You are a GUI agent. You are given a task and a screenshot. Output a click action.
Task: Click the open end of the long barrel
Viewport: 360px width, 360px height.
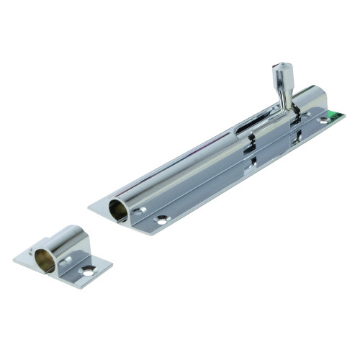(117, 210)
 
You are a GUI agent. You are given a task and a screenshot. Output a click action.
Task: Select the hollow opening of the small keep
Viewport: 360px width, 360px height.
(45, 258)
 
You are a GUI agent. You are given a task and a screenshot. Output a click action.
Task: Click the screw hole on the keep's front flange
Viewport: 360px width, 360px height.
(88, 271)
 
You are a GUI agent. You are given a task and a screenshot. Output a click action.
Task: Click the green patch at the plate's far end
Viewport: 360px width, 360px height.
(332, 114)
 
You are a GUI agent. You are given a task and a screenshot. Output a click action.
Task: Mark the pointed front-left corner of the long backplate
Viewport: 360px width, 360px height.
(90, 207)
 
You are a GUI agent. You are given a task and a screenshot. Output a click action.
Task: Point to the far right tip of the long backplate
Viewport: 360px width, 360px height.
(345, 114)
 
